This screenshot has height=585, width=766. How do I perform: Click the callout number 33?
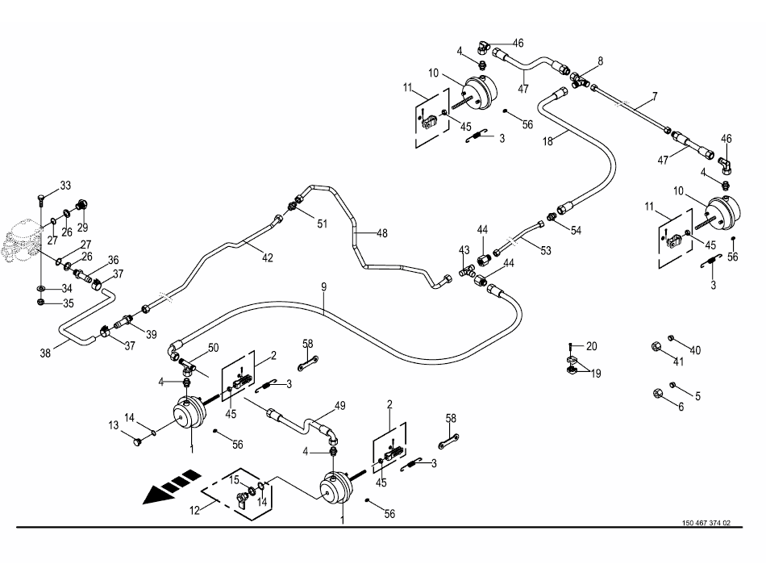point(65,186)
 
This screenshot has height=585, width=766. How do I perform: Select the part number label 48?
point(381,233)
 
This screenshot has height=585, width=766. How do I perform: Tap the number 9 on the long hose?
point(323,286)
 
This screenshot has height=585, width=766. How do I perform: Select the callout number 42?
point(268,257)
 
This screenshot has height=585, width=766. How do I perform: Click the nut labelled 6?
point(657,393)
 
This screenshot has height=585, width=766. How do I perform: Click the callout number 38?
point(46,352)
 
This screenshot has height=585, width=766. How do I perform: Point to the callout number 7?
point(654,96)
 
